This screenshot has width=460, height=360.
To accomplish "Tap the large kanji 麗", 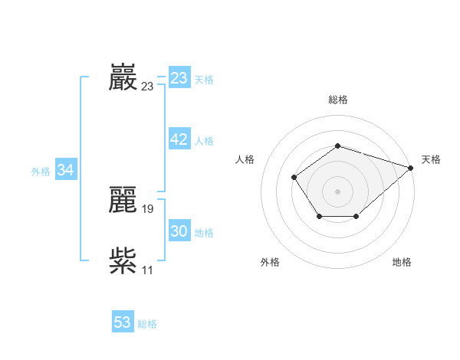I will pyautogui.click(x=123, y=200).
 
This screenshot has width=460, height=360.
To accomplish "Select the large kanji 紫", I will pyautogui.click(x=123, y=261).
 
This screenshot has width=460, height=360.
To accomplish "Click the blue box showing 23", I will pyautogui.click(x=179, y=78).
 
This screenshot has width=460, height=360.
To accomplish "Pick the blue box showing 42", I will pyautogui.click(x=179, y=139).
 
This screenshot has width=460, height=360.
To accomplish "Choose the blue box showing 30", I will pyautogui.click(x=179, y=231).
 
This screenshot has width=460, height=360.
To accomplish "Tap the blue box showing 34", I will pyautogui.click(x=66, y=170).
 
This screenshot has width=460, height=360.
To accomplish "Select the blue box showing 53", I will pyautogui.click(x=123, y=322).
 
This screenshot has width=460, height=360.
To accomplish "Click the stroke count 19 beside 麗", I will pyautogui.click(x=148, y=208).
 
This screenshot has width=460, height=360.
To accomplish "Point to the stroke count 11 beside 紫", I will pyautogui.click(x=148, y=270).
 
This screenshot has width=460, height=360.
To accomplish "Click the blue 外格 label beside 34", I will pyautogui.click(x=41, y=172).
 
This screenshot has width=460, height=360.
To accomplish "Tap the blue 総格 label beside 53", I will pyautogui.click(x=147, y=324).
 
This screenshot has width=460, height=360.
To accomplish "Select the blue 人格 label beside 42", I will pyautogui.click(x=204, y=141).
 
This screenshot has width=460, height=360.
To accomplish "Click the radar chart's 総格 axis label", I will pyautogui.click(x=338, y=100).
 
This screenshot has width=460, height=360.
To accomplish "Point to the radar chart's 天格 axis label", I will pyautogui.click(x=431, y=159).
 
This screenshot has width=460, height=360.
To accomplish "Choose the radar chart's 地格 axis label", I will pyautogui.click(x=402, y=262).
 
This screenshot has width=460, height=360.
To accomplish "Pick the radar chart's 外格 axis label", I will pyautogui.click(x=270, y=262).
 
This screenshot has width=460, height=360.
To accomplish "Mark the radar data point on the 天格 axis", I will pyautogui.click(x=411, y=168).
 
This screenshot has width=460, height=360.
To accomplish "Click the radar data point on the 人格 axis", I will pyautogui.click(x=294, y=178).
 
